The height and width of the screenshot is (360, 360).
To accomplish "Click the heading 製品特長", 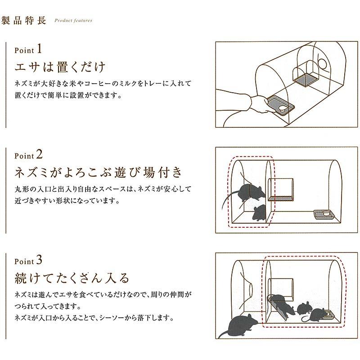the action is click(24, 20).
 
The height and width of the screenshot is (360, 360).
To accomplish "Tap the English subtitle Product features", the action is click(73, 20).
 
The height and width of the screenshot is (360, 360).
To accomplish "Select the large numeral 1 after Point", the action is click(39, 49).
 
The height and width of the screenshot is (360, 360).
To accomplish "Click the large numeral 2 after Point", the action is click(40, 154).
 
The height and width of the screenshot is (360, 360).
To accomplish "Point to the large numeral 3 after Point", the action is click(39, 260).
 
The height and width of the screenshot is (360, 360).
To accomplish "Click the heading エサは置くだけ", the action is click(60, 67).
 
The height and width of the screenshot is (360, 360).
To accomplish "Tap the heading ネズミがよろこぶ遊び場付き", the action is click(99, 172).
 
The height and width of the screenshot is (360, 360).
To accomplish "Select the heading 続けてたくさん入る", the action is click(72, 278).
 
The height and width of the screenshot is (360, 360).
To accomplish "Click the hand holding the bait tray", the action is click(260, 104).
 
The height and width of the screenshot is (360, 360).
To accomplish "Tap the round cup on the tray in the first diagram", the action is click(283, 108).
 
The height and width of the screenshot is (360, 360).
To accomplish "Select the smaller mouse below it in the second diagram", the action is click(259, 212).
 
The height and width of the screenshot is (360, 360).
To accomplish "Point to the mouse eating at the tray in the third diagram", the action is click(316, 315).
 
